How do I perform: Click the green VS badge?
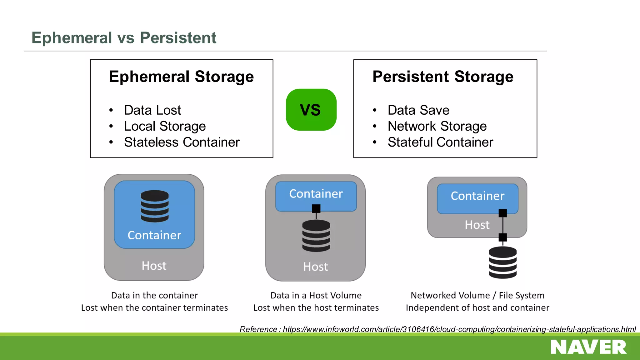coord(311,110)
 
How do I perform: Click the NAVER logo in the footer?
coord(588,347)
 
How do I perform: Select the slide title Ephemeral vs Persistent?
coord(124,38)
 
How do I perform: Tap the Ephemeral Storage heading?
coord(181,77)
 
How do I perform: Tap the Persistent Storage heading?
coord(443,77)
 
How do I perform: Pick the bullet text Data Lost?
coord(152,110)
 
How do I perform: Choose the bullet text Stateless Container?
coord(182,142)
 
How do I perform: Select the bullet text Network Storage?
coord(437,126)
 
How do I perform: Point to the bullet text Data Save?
coord(418,110)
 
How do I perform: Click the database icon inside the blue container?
coord(154,206)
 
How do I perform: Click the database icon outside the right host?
coord(502,262)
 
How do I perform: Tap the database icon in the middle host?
coord(316,236)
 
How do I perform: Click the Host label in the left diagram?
coord(154,266)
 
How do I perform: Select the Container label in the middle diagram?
coord(316,194)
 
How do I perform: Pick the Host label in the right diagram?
coord(477,225)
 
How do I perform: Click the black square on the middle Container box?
coord(316,208)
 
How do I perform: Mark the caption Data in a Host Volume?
coord(316,295)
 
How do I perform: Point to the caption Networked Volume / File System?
coord(477,295)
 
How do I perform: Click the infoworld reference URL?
coord(459,329)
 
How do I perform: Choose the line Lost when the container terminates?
coord(154,308)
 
